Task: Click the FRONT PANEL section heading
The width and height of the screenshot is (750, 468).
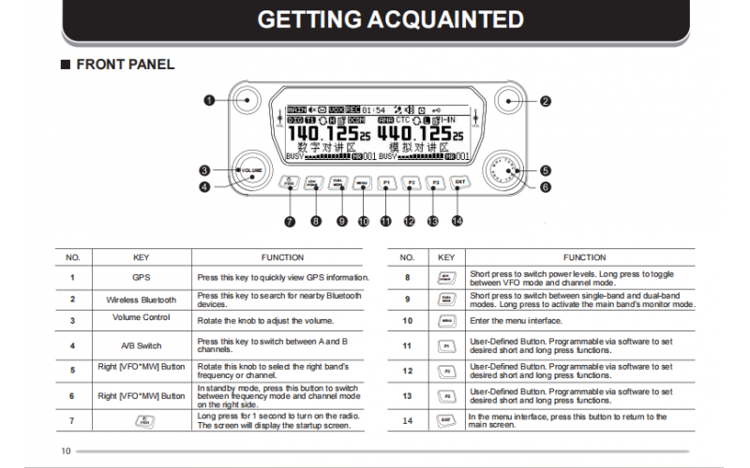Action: coord(124,65)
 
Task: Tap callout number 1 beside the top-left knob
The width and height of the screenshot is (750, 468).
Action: coord(209,99)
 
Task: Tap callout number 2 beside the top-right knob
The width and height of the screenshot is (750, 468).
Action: coord(545,100)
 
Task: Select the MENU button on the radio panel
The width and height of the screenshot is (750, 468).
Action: coord(362,183)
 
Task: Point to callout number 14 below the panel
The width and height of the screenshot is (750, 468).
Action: coord(457,222)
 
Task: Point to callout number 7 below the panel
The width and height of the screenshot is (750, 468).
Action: coord(290,222)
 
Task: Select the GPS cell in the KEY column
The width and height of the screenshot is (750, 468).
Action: coord(141,278)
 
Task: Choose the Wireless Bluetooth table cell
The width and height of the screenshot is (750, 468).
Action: coord(141,300)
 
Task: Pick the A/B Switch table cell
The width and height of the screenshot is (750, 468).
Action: coord(141,345)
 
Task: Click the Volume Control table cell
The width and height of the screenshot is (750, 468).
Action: coord(141,317)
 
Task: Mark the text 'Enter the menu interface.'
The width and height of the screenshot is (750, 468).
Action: coord(517,321)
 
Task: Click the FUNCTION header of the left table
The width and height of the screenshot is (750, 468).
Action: coord(282,256)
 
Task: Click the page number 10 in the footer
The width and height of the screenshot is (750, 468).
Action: coord(66,451)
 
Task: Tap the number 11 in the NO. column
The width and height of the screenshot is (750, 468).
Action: coord(407,345)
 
